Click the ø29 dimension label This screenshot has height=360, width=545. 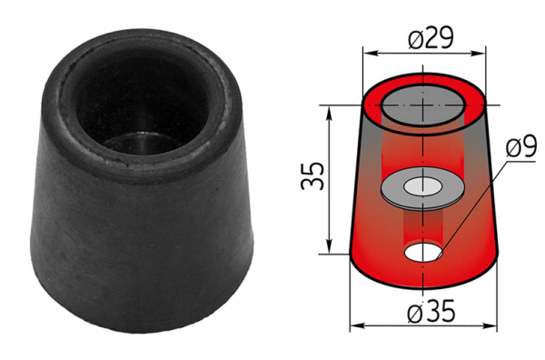point(431,37)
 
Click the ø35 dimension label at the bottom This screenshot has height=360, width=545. point(431,311)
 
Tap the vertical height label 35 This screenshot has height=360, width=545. point(312,175)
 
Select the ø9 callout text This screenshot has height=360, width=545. point(521,146)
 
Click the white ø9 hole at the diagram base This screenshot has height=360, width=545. point(423,253)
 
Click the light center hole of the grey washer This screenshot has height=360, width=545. point(422,186)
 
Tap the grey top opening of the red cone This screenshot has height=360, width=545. point(423,106)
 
